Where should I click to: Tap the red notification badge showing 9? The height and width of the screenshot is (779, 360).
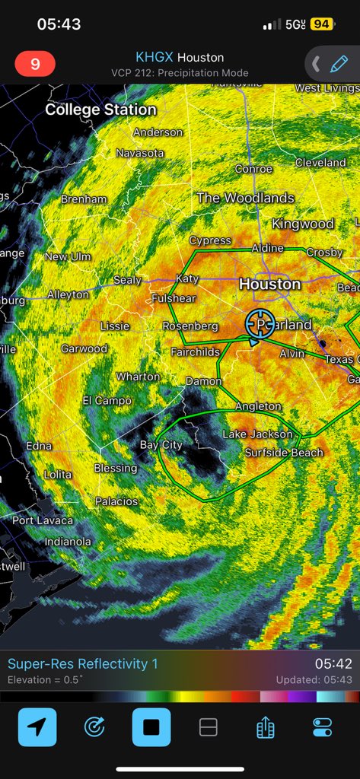35,64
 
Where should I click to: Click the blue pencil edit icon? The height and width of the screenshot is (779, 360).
339,64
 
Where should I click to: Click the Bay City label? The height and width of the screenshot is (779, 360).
161,445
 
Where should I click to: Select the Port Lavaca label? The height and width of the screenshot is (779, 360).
43,520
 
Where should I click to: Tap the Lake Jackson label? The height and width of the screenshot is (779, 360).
257,434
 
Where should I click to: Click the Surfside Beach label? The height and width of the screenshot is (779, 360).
284,453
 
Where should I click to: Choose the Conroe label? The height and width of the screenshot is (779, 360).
253,169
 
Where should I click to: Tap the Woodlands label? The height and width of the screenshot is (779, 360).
245,198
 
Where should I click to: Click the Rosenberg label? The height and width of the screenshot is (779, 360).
190,326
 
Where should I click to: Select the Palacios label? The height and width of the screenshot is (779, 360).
116,501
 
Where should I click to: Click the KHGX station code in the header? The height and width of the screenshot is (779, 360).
155,57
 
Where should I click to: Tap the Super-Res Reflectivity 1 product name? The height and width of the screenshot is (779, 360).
83,664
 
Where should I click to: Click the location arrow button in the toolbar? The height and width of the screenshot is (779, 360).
37,727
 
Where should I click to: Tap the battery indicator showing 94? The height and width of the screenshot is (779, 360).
321,24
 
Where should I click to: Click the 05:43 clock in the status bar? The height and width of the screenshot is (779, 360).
59,24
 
